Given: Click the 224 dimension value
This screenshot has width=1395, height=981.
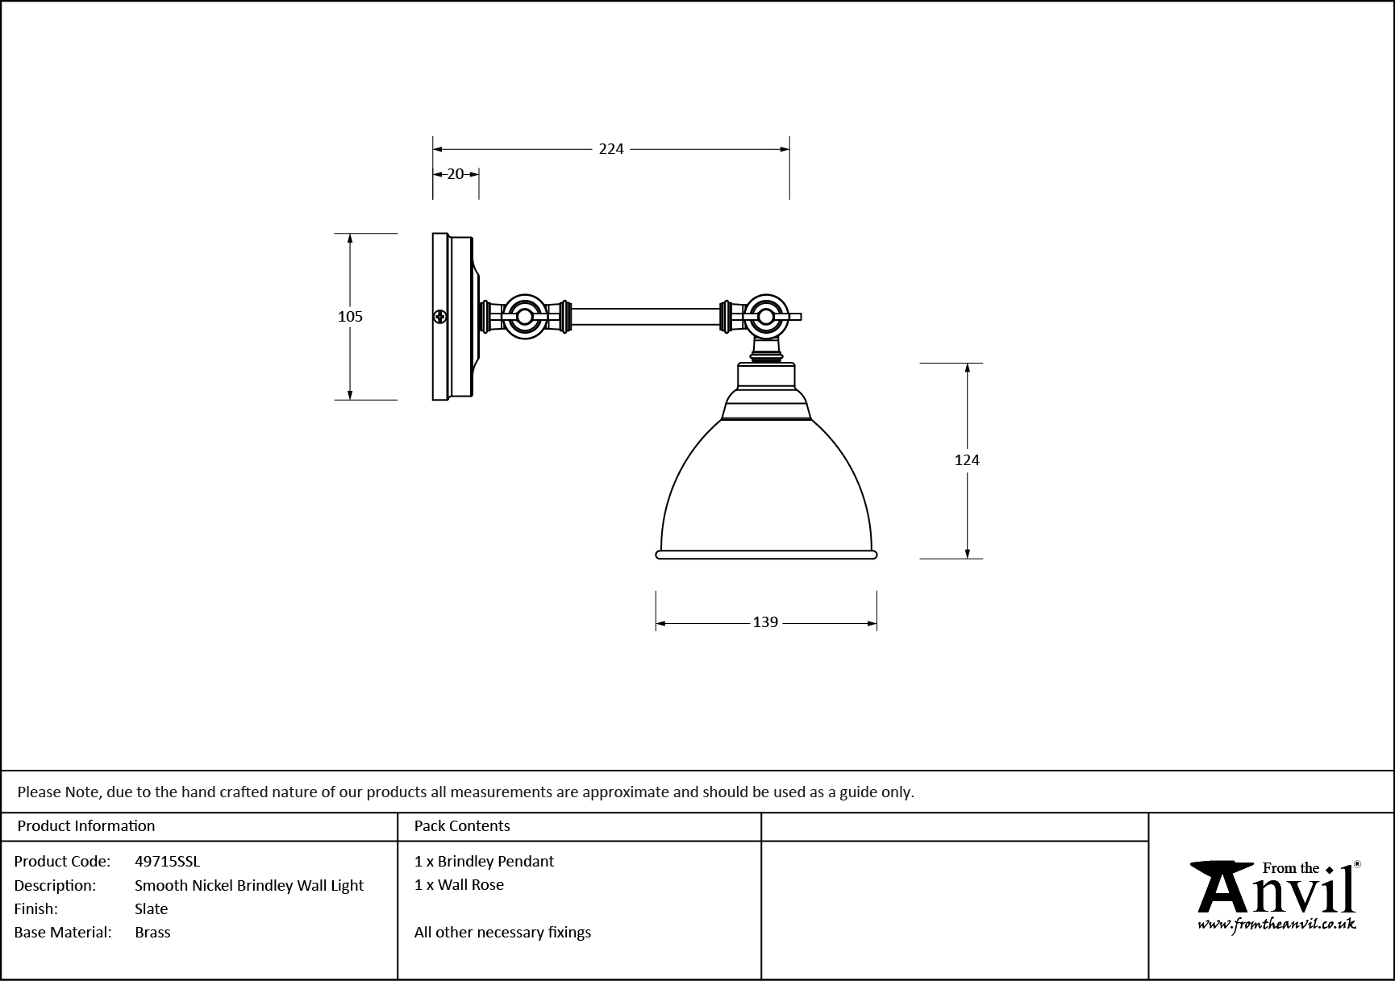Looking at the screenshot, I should [611, 149].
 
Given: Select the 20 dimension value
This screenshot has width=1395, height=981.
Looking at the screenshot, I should [456, 174].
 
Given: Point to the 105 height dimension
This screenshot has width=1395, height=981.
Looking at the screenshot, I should [350, 317].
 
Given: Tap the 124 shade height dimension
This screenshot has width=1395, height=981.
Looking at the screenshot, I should [966, 460].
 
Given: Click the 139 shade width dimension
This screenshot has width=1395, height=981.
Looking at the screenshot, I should [764, 622].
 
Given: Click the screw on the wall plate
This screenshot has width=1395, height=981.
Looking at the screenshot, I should [440, 317].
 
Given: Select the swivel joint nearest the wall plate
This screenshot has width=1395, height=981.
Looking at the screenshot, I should [525, 317].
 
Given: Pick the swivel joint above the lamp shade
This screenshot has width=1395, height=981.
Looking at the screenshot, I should [764, 316].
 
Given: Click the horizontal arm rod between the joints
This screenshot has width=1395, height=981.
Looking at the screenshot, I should [645, 317].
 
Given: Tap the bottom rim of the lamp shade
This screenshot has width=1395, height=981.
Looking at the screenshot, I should [765, 555].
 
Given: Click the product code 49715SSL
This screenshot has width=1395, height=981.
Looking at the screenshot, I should [167, 861].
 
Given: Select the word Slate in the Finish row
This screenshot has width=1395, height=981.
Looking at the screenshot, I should [152, 908].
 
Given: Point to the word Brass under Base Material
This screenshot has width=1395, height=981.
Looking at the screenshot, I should [152, 932].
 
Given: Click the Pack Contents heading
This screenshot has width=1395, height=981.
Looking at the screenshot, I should [462, 825].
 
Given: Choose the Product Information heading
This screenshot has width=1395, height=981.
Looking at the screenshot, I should [85, 825].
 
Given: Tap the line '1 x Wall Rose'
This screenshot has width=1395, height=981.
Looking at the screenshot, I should [459, 884].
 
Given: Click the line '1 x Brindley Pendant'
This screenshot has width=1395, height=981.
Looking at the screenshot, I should [484, 861].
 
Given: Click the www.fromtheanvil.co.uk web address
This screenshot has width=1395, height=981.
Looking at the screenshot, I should [1276, 925].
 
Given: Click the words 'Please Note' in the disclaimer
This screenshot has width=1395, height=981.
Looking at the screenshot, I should [58, 792].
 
